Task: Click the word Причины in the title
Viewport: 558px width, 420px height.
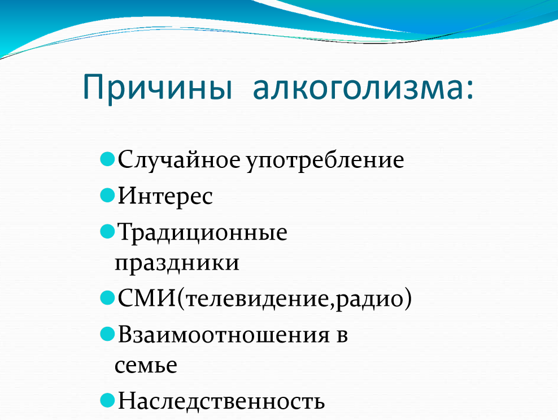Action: coord(158,88)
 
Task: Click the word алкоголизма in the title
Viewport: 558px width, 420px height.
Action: coord(358,88)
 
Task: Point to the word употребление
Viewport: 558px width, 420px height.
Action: coord(325,161)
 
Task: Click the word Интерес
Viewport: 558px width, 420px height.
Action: coord(165,197)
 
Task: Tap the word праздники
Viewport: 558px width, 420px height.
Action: coord(177,263)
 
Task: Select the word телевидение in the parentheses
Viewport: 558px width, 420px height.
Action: coord(256,299)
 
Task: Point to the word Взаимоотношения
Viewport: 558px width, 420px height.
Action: coord(224,335)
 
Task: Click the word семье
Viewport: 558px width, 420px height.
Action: coord(146,365)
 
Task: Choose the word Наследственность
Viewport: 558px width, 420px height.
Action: coord(221,401)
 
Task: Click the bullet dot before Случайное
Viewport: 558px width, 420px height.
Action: coord(107,159)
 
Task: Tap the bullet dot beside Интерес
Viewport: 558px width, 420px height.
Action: coord(107,195)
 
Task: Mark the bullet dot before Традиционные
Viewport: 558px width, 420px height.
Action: coord(107,232)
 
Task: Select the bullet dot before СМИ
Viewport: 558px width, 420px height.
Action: coord(107,298)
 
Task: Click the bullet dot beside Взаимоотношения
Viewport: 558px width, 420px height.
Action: coord(107,334)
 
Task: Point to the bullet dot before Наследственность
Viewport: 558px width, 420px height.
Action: coord(107,400)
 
